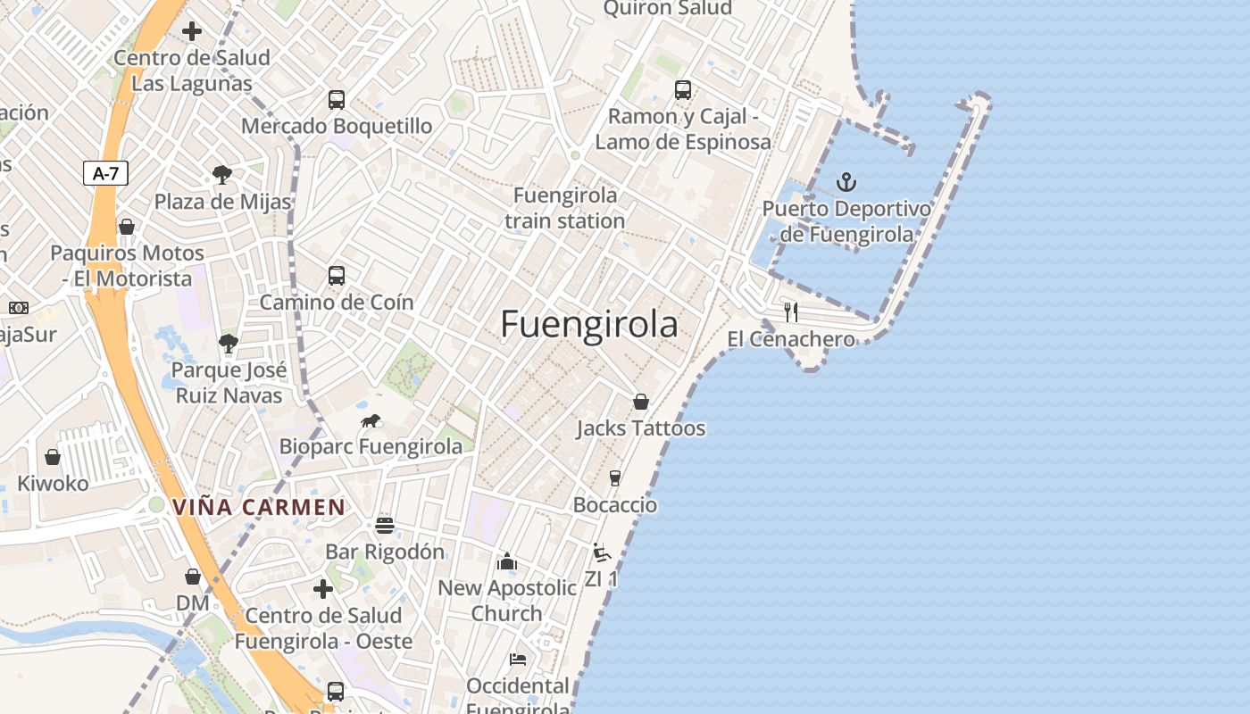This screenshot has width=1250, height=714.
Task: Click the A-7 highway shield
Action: click(106, 173)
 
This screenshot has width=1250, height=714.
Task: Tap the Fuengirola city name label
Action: click(588, 324)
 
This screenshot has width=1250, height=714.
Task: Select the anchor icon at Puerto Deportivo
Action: click(846, 183)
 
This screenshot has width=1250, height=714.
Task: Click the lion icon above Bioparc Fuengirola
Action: click(371, 420)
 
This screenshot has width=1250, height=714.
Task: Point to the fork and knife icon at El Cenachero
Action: click(790, 311)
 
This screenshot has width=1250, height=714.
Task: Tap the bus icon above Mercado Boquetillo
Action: click(337, 99)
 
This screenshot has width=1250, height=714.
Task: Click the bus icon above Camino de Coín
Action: click(337, 275)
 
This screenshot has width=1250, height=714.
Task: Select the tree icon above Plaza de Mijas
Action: click(222, 175)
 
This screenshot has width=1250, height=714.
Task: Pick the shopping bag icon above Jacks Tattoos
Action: click(640, 402)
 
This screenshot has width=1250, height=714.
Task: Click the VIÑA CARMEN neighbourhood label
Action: click(259, 508)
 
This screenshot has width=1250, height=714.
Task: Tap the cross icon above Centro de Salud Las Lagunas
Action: click(191, 31)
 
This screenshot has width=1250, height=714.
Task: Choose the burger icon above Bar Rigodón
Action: click(385, 525)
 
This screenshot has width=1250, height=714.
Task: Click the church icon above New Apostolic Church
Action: click(507, 561)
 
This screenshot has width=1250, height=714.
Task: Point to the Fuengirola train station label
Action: click(565, 208)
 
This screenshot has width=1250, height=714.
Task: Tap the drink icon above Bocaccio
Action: click(614, 478)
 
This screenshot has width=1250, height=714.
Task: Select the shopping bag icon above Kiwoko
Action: click(53, 457)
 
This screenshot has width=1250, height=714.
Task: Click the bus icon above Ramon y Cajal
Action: click(683, 89)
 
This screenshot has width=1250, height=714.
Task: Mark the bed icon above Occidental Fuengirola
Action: click(518, 660)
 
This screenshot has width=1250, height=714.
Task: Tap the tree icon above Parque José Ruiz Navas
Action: click(229, 343)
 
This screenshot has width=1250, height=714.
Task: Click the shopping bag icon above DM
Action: click(192, 577)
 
